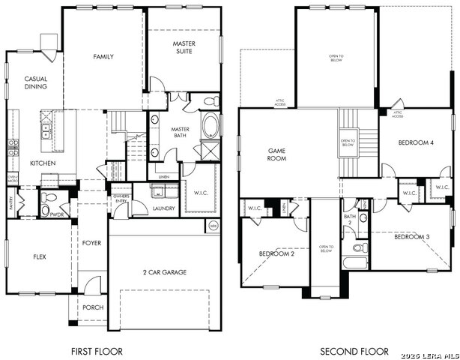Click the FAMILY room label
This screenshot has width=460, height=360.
(103, 57)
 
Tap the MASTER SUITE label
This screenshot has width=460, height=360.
(184, 48)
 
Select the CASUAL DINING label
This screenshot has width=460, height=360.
(35, 82)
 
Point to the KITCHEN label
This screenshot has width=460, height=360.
(42, 163)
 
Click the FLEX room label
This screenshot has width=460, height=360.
(39, 256)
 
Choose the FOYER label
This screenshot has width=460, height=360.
(91, 243)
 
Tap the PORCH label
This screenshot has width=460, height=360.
(93, 307)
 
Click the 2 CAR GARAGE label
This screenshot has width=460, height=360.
(164, 272)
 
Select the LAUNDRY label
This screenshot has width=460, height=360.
(163, 208)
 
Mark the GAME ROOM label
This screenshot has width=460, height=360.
(278, 154)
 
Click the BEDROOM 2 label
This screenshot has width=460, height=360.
(276, 253)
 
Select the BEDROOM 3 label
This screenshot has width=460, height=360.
(411, 237)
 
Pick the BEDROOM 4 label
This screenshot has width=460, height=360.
(415, 142)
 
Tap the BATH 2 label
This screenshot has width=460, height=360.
(349, 220)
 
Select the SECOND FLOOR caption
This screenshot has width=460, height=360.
(354, 351)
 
